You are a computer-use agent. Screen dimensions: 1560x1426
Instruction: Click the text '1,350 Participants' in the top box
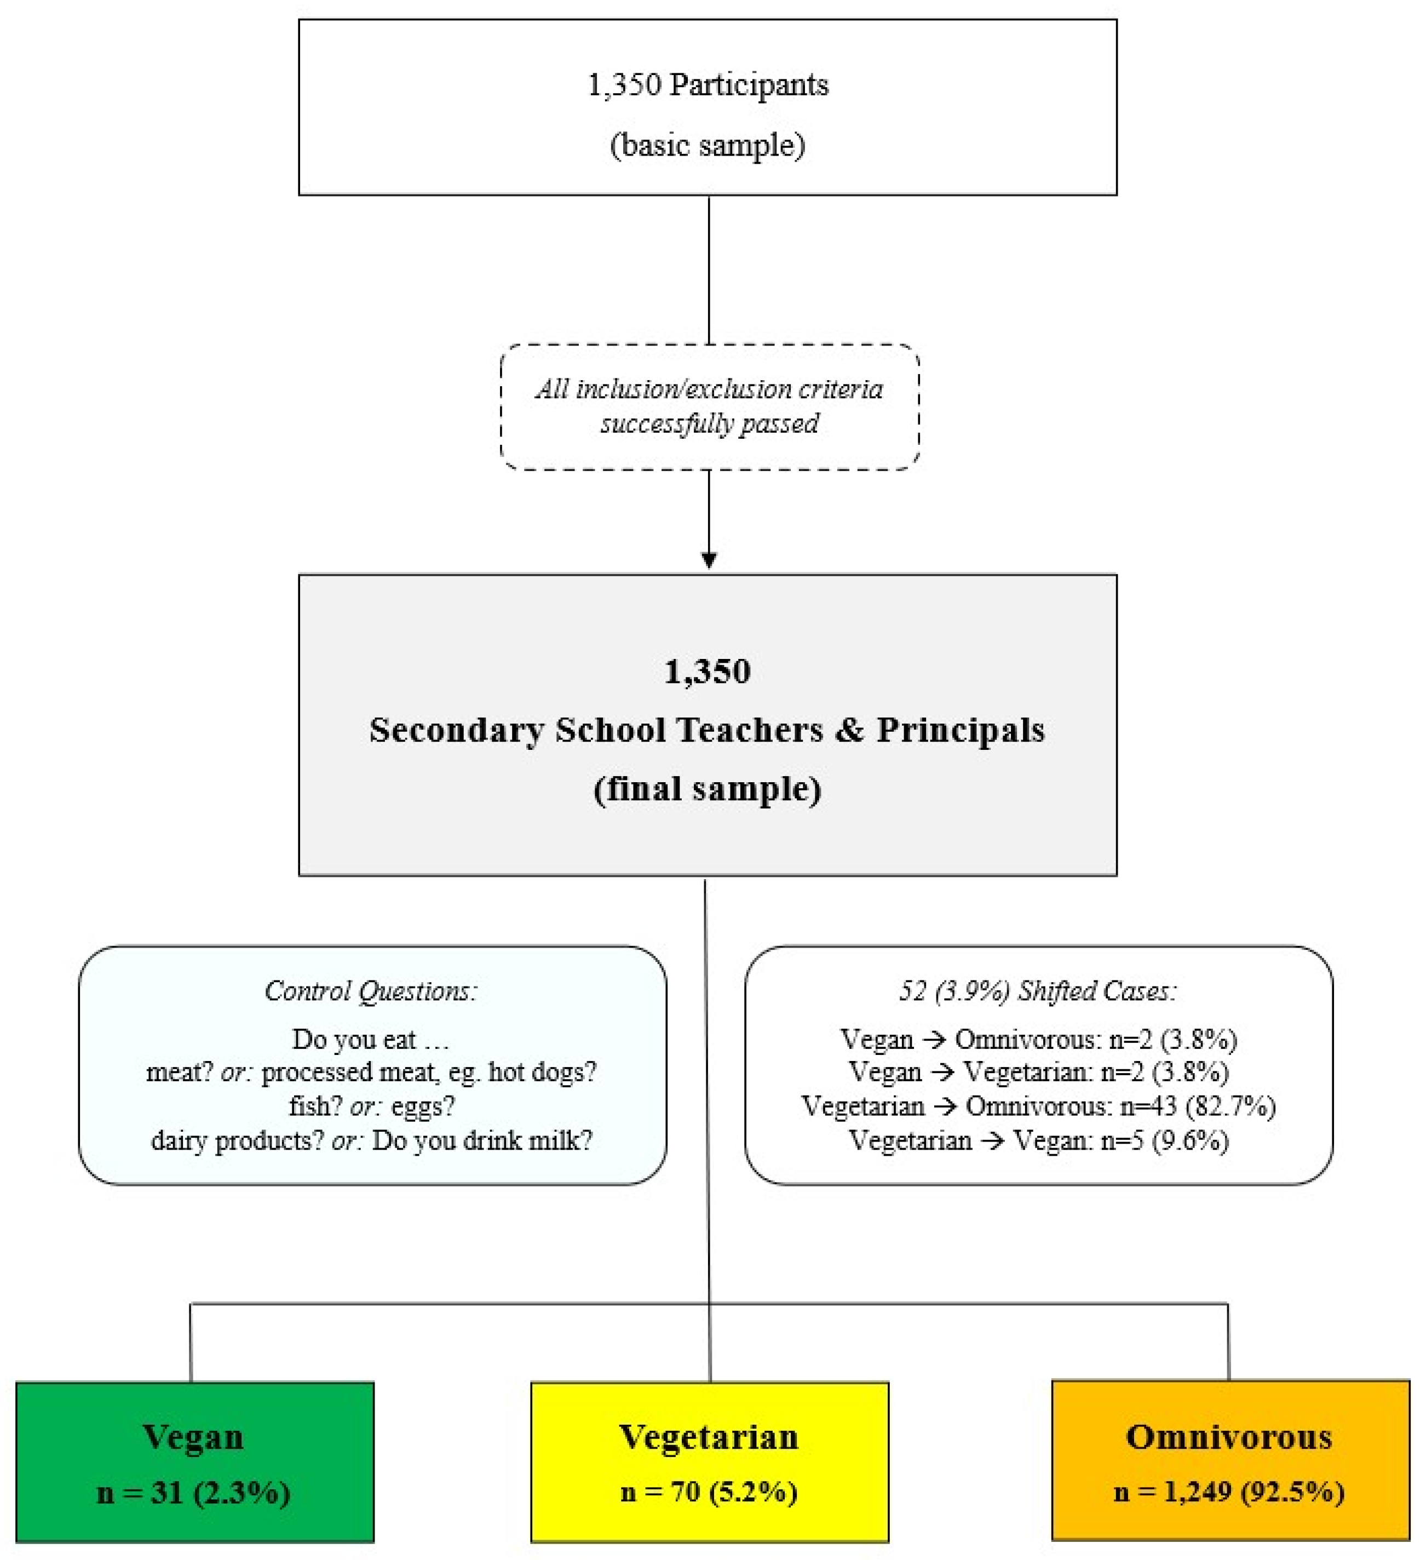pyautogui.click(x=708, y=84)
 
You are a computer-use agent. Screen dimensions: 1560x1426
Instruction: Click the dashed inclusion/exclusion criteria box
pyautogui.click(x=710, y=406)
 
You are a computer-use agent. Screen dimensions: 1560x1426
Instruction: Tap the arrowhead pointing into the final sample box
pyautogui.click(x=709, y=559)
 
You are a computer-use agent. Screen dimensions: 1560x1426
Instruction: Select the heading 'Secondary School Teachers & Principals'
pyautogui.click(x=707, y=730)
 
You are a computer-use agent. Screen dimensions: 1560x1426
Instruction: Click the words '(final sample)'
pyautogui.click(x=707, y=789)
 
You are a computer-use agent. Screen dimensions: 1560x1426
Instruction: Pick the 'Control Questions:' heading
pyautogui.click(x=371, y=991)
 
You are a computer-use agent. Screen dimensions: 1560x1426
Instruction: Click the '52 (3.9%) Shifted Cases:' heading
pyautogui.click(x=1038, y=991)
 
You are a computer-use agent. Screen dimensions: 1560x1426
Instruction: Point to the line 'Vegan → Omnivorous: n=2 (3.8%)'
pyautogui.click(x=1038, y=1039)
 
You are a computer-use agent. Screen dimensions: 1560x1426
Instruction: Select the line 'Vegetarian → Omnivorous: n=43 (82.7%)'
pyautogui.click(x=1038, y=1106)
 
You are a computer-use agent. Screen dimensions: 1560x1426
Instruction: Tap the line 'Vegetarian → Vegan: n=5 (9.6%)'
pyautogui.click(x=1038, y=1140)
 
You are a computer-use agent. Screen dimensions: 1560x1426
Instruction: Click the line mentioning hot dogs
pyautogui.click(x=371, y=1072)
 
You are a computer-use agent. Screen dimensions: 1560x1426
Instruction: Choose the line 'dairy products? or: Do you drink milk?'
pyautogui.click(x=371, y=1140)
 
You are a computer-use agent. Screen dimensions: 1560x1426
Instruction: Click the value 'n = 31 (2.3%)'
pyautogui.click(x=193, y=1493)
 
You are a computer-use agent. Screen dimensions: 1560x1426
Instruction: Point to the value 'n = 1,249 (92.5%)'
pyautogui.click(x=1229, y=1493)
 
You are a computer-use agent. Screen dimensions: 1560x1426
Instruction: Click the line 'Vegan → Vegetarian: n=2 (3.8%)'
pyautogui.click(x=1038, y=1072)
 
